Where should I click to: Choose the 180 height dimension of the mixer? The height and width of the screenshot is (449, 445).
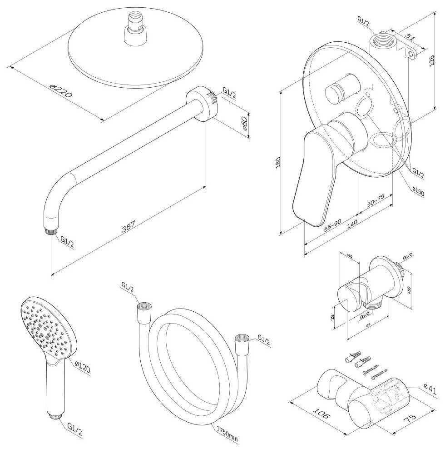[x=278, y=162]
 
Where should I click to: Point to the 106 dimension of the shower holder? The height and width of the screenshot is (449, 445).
[x=321, y=413]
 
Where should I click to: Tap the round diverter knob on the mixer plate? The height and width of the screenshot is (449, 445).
[x=338, y=92]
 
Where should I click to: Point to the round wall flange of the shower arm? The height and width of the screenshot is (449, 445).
[x=201, y=103]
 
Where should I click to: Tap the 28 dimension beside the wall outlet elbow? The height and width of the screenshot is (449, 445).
[x=333, y=317]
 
